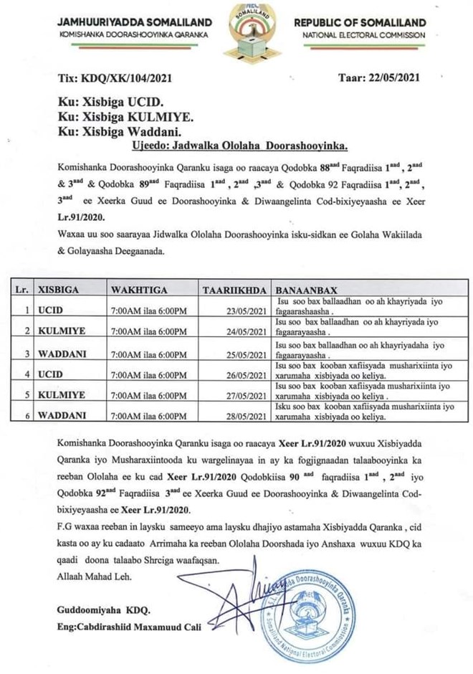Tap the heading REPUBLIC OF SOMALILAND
tap(369, 22)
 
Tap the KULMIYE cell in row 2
tap(66, 331)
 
